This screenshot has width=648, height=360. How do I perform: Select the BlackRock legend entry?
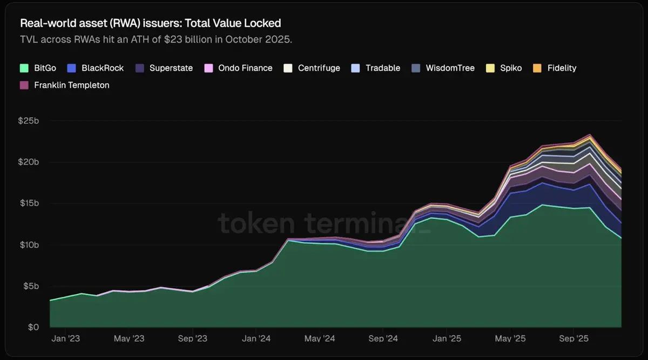coord(96,68)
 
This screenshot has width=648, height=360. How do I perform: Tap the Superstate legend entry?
coord(164,68)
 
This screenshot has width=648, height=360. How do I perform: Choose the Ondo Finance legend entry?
coord(238,68)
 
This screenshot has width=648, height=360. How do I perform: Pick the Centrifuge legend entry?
coord(312,68)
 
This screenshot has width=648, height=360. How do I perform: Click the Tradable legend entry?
coord(376,68)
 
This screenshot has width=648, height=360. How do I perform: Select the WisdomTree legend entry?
coord(443,68)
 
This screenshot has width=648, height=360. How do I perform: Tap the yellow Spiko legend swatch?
coord(490,68)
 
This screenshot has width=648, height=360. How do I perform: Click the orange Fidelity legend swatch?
coord(537,68)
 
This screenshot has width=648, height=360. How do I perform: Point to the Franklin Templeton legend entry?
coord(64,85)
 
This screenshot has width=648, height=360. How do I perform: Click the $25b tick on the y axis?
coord(29,121)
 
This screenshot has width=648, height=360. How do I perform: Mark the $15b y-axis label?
coord(29,203)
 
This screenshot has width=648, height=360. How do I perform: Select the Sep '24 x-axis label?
coord(383,339)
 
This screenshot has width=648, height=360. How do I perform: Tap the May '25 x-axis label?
coord(510,339)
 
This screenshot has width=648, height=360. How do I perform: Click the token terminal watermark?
coord(324,223)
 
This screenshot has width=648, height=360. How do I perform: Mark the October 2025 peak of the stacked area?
coord(590,134)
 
